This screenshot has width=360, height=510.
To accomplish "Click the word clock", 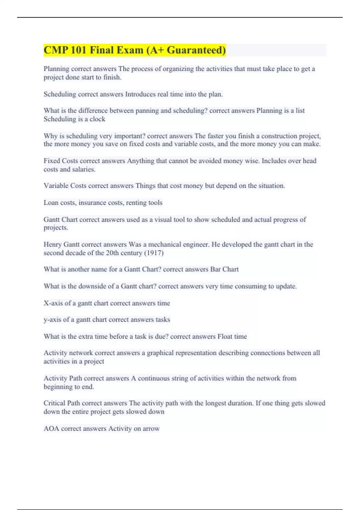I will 97,119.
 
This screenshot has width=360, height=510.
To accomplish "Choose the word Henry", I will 52,244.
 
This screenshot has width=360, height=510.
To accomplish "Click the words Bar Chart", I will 224,269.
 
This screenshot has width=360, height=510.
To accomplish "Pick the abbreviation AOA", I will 51,429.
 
